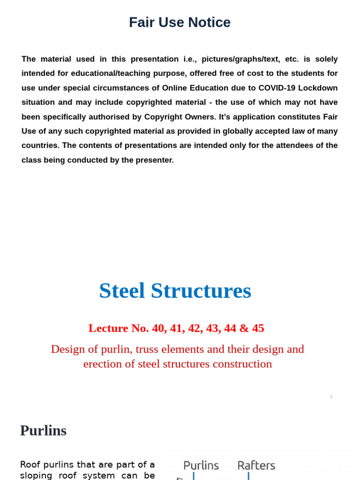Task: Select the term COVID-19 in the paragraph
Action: [x=277, y=88]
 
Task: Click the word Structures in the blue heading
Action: [x=201, y=291]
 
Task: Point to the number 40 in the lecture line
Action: [x=159, y=328]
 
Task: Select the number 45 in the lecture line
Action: [x=258, y=328]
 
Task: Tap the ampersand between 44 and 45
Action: [x=244, y=328]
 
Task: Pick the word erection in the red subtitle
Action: [x=102, y=364]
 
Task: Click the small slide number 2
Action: [x=331, y=397]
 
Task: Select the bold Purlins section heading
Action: [x=43, y=430]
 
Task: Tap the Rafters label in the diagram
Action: [x=256, y=465]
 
